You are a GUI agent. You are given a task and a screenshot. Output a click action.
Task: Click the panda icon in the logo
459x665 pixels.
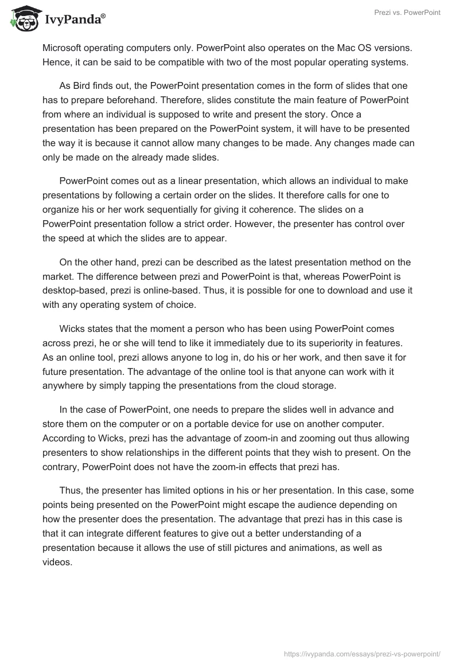pos(23,19)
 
